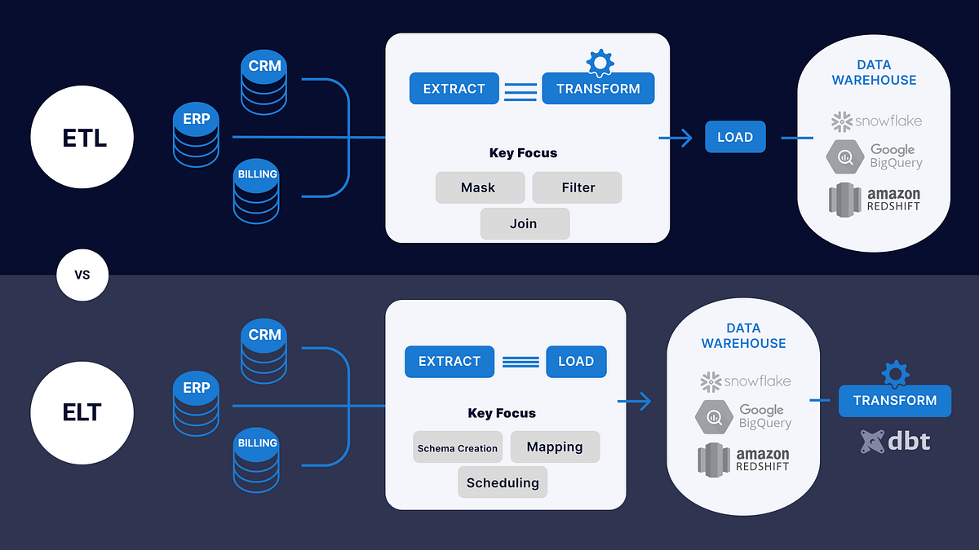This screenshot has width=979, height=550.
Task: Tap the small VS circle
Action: [x=82, y=275]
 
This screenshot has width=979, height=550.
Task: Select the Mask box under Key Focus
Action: [x=478, y=187]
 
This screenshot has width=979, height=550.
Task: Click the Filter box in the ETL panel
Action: [x=578, y=187]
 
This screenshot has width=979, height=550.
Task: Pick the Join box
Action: [x=524, y=224]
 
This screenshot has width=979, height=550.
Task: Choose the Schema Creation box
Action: [x=457, y=447]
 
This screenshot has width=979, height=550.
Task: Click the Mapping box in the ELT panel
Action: [x=555, y=447]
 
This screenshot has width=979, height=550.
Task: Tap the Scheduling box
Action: [x=503, y=482]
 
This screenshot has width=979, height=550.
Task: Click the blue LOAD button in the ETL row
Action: [x=735, y=137]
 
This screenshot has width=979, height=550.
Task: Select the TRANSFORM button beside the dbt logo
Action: [x=895, y=400]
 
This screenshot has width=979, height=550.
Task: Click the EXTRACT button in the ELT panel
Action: [x=450, y=361]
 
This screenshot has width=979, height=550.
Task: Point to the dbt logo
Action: [x=895, y=442]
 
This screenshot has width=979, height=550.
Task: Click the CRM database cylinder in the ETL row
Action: [x=264, y=83]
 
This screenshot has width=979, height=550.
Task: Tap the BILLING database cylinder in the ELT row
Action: [x=256, y=460]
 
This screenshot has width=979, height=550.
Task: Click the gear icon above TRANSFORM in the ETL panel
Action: [x=600, y=63]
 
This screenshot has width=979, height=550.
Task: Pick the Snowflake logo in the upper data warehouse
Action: [x=876, y=121]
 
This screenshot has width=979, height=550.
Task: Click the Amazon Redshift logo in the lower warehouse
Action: [x=743, y=460]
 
